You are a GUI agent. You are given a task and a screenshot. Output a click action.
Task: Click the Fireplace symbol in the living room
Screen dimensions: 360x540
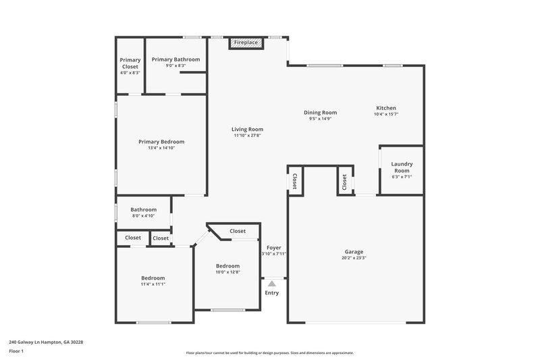pyautogui.click(x=246, y=43)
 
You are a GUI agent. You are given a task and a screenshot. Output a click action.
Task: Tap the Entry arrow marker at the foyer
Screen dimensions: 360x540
pyautogui.click(x=271, y=284)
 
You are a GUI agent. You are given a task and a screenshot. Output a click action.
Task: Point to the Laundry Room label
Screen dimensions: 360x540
pyautogui.click(x=402, y=167)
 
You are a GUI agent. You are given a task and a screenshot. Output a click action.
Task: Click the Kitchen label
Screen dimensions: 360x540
pyautogui.click(x=386, y=108)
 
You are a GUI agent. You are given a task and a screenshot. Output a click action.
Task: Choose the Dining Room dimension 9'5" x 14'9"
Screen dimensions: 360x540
pyautogui.click(x=320, y=119)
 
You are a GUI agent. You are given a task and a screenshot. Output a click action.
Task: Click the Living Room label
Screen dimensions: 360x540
pyautogui.click(x=247, y=129)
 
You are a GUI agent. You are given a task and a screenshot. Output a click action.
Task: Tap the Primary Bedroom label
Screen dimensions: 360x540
pyautogui.click(x=161, y=142)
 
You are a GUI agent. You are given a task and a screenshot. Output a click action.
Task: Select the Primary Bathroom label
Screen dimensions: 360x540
pyautogui.click(x=175, y=59)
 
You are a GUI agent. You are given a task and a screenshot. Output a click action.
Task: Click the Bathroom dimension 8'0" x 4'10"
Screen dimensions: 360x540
pyautogui.click(x=143, y=215)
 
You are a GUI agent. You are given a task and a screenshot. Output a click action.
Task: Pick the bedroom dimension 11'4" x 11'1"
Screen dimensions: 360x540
pyautogui.click(x=153, y=284)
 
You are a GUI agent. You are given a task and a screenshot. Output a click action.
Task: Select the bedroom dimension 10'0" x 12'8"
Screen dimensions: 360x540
pyautogui.click(x=227, y=272)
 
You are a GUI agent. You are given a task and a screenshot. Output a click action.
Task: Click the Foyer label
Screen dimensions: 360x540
pyautogui.click(x=273, y=248)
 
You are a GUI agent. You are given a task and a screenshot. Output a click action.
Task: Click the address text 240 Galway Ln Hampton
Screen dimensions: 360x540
pyautogui.click(x=45, y=342)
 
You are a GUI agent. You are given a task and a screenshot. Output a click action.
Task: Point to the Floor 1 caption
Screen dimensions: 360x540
pyautogui.click(x=16, y=351)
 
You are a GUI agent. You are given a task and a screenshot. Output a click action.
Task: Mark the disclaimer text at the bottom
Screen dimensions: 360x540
pyautogui.click(x=269, y=353)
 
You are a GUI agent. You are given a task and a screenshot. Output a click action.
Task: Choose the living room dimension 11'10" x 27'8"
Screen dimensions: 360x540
pyautogui.click(x=247, y=135)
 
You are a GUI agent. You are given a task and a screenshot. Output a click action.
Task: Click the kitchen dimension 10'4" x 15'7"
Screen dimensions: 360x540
pyautogui.click(x=386, y=114)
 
